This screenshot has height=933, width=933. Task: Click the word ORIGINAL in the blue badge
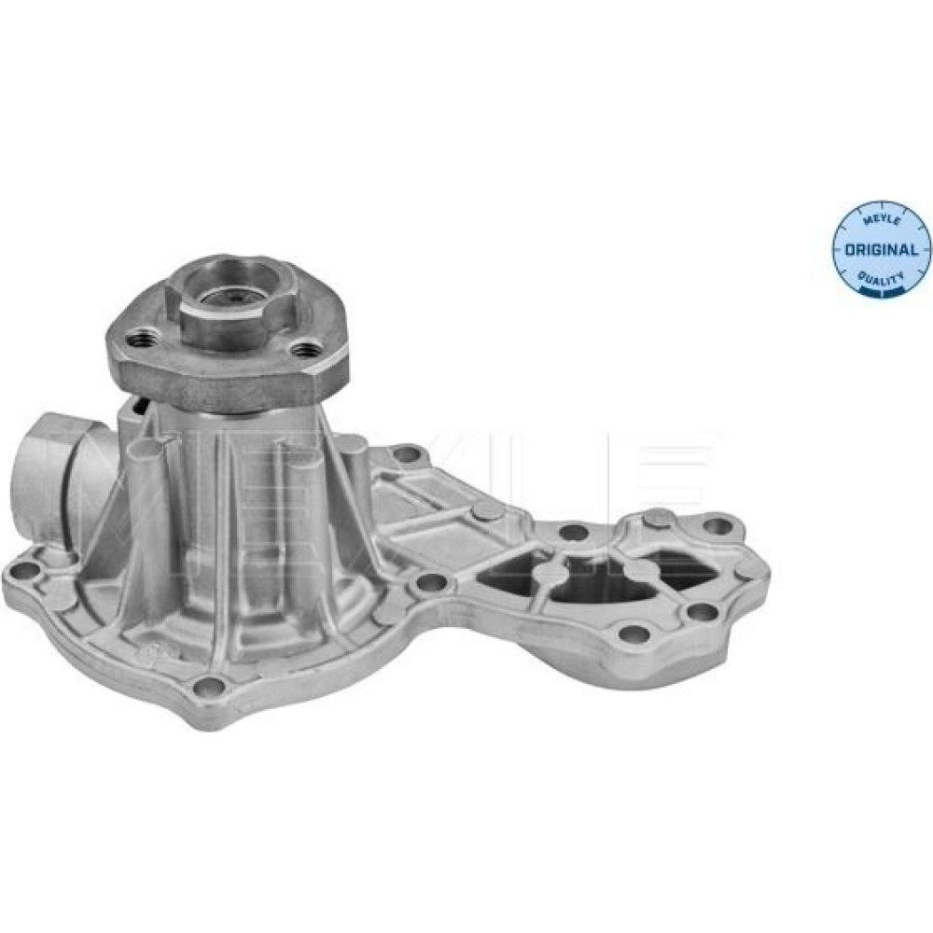pos(882,249)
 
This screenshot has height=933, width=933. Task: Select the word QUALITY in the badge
pos(882,277)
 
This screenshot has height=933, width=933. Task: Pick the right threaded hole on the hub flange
pos(306,349)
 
